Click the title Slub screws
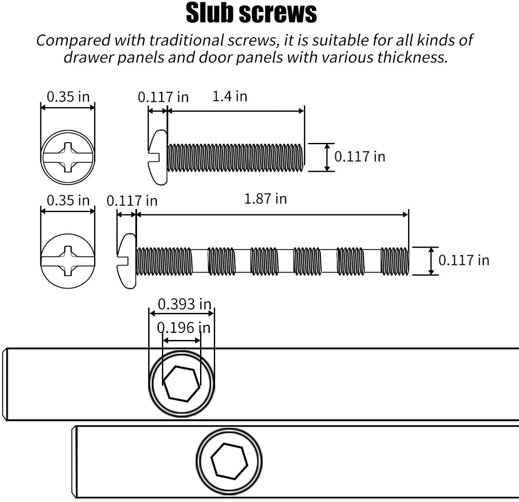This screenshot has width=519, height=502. click(251, 13)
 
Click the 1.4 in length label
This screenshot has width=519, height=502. click(230, 96)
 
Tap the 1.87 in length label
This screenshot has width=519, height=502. click(265, 199)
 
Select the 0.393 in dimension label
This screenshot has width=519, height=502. click(185, 304)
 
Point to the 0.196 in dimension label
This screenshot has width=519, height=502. click(184, 328)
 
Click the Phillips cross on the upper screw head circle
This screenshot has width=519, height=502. click(68, 157)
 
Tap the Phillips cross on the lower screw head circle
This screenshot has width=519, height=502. click(68, 261)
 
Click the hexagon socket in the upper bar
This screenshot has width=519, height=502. click(182, 384)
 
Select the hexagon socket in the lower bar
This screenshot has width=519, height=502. click(229, 461)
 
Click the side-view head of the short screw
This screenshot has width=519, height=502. click(158, 157)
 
